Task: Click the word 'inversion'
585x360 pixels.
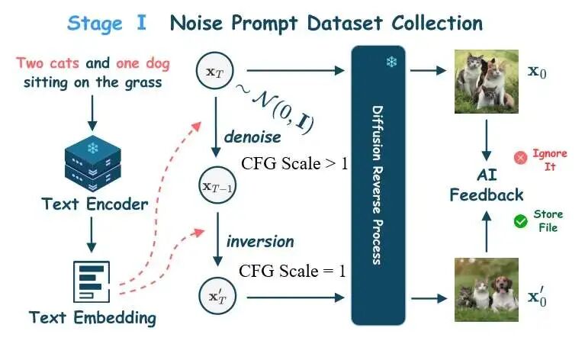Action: pyautogui.click(x=259, y=241)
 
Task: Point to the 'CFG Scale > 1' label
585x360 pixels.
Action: pyautogui.click(x=294, y=164)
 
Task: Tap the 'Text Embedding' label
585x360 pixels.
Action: pyautogui.click(x=92, y=317)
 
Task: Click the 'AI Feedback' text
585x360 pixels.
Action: pyautogui.click(x=487, y=185)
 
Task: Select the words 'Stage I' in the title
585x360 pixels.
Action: pyautogui.click(x=107, y=22)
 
